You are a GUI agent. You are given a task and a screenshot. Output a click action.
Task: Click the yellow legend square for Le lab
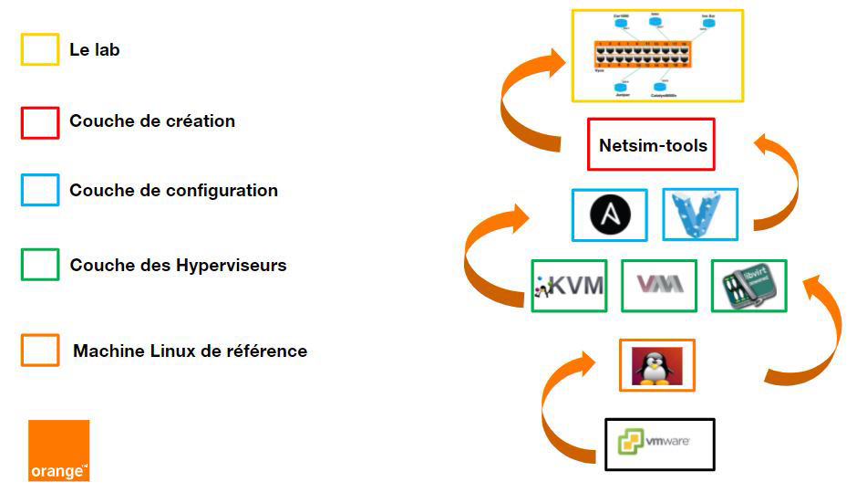point(40,49)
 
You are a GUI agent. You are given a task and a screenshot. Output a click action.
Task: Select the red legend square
point(40,121)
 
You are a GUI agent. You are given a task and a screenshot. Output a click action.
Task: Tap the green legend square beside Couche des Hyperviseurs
point(40,265)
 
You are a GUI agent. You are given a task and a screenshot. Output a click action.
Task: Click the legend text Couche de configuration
point(173,191)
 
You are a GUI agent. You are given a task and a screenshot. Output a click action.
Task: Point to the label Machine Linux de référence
point(190,351)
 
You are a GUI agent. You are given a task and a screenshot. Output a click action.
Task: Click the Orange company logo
point(59,450)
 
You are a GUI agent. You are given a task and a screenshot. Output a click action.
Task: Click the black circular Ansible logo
point(609,215)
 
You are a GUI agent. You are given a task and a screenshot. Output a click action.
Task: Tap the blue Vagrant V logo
point(699,215)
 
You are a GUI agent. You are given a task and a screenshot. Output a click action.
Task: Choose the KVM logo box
point(569,286)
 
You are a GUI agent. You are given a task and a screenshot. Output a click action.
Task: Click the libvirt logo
point(748,286)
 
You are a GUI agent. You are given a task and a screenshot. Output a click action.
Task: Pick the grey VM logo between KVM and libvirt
point(658,286)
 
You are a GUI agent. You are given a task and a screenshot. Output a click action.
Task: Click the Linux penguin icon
point(656,365)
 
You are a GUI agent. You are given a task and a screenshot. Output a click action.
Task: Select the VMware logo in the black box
point(659,444)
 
